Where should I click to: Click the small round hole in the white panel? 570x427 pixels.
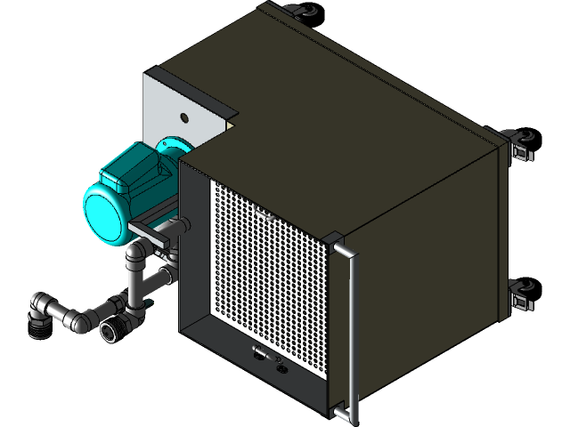[184, 117]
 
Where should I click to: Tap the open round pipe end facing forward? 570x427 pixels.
[111, 332]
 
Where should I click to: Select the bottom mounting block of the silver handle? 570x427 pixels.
[341, 410]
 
